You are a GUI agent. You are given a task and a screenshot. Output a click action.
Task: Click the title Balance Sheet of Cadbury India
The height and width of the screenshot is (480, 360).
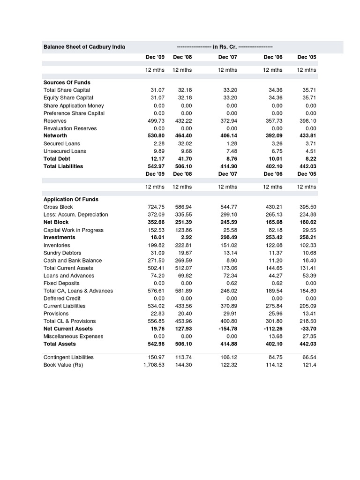click(84, 47)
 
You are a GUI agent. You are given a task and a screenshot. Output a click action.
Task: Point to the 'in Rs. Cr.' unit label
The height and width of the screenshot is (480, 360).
click(225, 47)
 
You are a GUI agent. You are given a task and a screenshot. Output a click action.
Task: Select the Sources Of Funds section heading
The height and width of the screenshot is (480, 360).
click(67, 82)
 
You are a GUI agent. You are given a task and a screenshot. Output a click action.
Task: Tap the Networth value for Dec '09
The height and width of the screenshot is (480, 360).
click(156, 136)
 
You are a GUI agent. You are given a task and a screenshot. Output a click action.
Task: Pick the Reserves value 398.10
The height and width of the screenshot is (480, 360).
click(307, 120)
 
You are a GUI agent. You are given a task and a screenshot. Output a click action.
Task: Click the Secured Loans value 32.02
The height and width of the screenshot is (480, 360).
click(182, 143)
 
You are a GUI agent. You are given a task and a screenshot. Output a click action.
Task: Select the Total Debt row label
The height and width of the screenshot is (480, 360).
click(57, 158)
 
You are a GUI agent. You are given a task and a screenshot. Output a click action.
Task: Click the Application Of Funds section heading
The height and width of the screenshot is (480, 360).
click(71, 199)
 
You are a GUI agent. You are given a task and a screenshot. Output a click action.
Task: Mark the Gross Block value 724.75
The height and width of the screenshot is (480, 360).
click(156, 207)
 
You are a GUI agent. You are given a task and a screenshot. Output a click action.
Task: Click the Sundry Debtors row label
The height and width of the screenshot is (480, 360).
click(62, 253)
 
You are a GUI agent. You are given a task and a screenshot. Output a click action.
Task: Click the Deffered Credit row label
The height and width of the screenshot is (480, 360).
click(62, 298)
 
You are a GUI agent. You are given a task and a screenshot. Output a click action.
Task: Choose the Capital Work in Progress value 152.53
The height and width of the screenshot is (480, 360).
click(156, 230)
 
